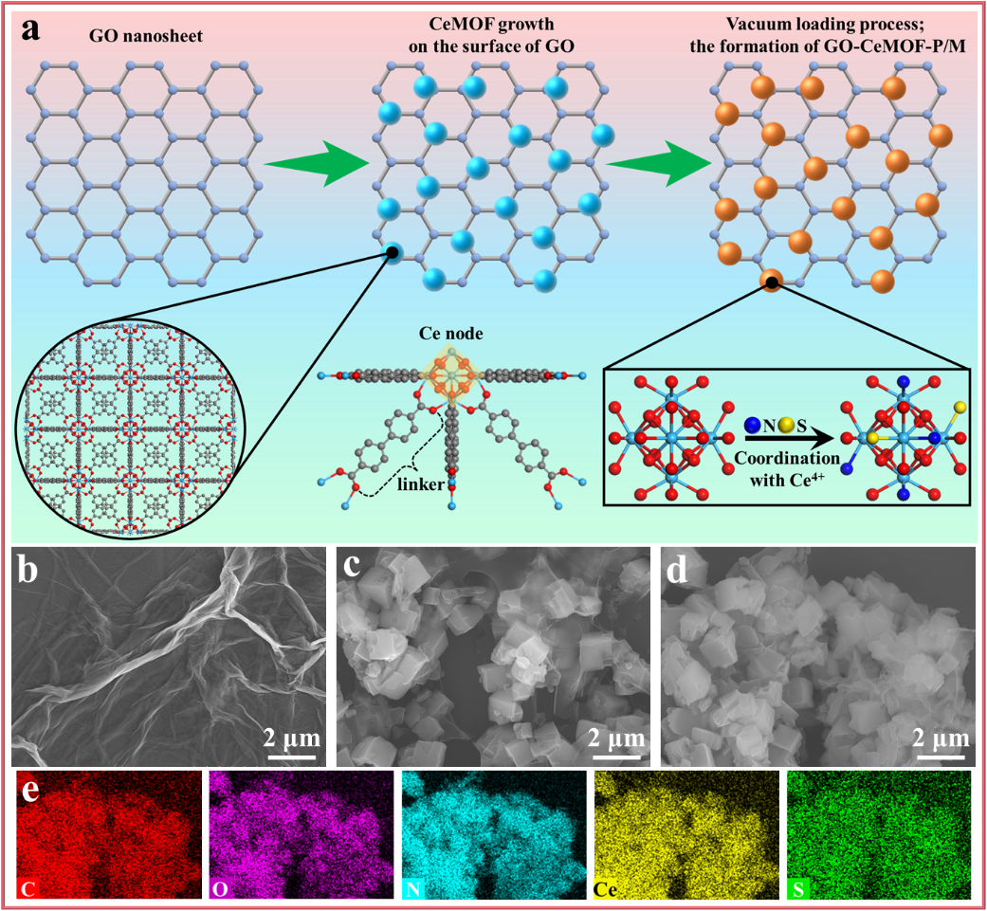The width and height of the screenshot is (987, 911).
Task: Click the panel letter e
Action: click(31, 789)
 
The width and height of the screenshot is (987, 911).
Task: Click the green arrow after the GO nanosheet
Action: click(315, 165)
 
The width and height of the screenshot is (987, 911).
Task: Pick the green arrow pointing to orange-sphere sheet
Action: click(659, 165)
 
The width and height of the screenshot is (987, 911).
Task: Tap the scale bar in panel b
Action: click(291, 756)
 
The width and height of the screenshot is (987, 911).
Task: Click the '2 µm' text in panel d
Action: click(944, 737)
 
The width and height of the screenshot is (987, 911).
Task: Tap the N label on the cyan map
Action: click(411, 889)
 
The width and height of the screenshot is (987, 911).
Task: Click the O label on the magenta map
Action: click(218, 889)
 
